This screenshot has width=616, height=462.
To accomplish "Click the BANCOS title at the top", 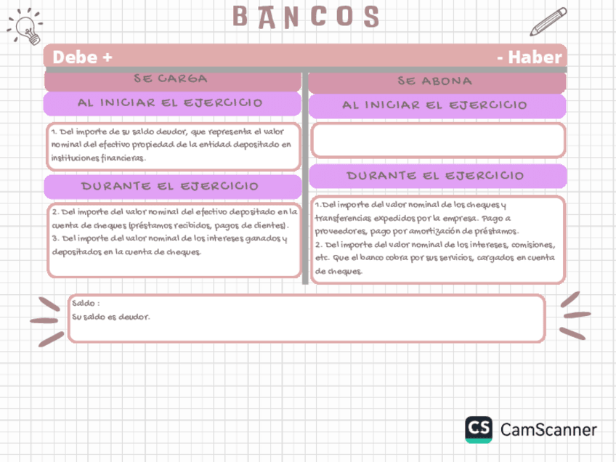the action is [306, 17].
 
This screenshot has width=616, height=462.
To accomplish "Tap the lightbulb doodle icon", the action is [26, 28].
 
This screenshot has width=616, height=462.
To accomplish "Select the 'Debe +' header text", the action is [82, 57].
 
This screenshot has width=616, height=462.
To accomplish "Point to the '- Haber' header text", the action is [530, 57].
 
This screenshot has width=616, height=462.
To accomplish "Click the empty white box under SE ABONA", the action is [437, 140].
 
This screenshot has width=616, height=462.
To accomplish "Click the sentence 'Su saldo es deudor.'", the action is [111, 317].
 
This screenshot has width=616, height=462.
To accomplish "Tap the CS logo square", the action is [479, 429].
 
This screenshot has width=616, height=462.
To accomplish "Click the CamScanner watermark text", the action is [548, 429].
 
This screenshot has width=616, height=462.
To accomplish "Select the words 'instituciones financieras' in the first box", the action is [98, 157].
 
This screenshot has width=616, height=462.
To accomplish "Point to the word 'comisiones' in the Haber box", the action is [535, 245].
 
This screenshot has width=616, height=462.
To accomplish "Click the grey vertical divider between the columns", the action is [305, 174].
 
